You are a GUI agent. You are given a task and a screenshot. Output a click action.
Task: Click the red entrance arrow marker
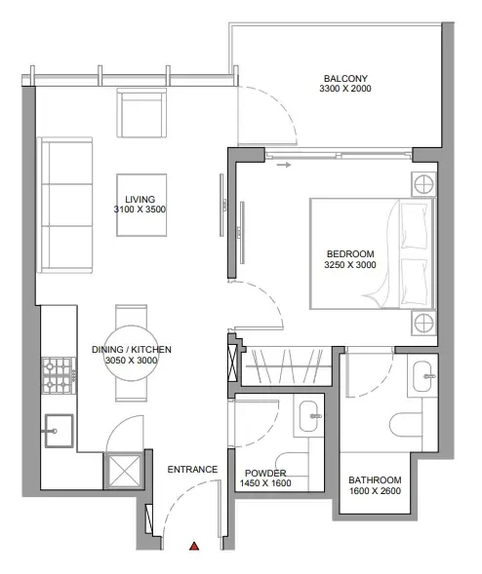(x=194, y=546)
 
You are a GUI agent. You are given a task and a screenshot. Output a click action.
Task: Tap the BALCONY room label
(x=345, y=78)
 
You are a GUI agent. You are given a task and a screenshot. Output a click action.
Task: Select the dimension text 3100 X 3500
(x=140, y=210)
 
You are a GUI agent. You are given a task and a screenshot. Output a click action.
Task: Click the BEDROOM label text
(x=350, y=254)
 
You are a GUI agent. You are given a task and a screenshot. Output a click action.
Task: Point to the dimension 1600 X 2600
(x=375, y=491)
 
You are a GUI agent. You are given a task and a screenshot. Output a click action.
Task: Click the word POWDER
(x=265, y=473)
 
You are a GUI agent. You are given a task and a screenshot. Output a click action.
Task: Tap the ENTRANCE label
(x=192, y=470)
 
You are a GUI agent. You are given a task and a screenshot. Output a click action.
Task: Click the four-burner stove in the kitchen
(x=59, y=375)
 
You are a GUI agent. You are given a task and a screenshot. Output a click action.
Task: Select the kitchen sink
(x=59, y=431)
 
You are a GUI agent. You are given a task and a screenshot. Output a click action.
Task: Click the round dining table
(x=131, y=353)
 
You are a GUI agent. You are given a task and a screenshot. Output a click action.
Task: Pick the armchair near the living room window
(x=141, y=113)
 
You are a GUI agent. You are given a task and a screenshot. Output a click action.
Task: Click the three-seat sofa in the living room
(x=64, y=205)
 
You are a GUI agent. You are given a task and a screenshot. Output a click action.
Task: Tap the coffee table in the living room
(x=141, y=205)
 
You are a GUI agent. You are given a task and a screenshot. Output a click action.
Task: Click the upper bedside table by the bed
(x=423, y=184)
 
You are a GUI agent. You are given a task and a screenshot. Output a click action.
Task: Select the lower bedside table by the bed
(x=423, y=323)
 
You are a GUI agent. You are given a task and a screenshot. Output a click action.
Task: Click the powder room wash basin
(x=308, y=416)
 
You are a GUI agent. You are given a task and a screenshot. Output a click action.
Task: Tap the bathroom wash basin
(x=422, y=376)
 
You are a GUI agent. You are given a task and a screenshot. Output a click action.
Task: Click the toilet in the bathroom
(x=406, y=425)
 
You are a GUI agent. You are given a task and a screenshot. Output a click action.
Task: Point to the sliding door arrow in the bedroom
(x=284, y=165)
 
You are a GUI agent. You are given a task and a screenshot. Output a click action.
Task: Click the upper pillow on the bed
(x=415, y=227)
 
